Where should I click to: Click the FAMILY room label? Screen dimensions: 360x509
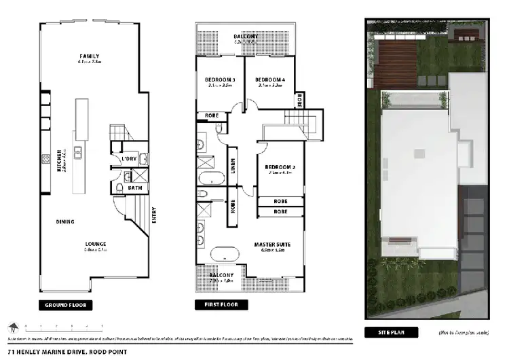click(90, 56)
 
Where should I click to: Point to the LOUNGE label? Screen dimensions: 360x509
click(95, 244)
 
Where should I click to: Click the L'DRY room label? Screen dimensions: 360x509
click(129, 160)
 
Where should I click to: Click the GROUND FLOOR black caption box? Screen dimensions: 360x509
click(65, 305)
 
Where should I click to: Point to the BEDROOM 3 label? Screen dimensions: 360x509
click(219, 79)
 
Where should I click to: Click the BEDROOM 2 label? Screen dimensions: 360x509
click(278, 166)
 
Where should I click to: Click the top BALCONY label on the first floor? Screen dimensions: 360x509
click(246, 36)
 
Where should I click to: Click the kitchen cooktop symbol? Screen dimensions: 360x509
click(45, 160)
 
